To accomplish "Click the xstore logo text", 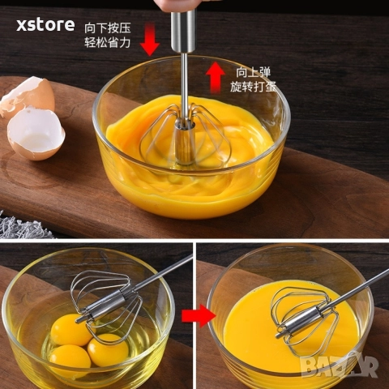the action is coord(45,25).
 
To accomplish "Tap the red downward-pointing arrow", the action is coord(150,39).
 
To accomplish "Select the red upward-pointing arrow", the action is coord(215,77).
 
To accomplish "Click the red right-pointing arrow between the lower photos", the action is coord(199,315).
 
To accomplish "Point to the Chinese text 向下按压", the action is coord(108,28).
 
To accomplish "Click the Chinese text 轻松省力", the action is coord(108,42).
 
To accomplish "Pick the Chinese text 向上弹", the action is coord(253,72).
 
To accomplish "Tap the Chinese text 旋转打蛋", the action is coord(253,87).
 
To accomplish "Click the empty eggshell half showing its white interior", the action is coord(36,134).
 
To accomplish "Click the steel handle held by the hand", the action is coord(183,30).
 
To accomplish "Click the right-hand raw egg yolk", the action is coord(108,350).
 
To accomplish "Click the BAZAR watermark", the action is coord(340,365).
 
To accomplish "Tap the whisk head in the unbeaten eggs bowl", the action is coord(107,306).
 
